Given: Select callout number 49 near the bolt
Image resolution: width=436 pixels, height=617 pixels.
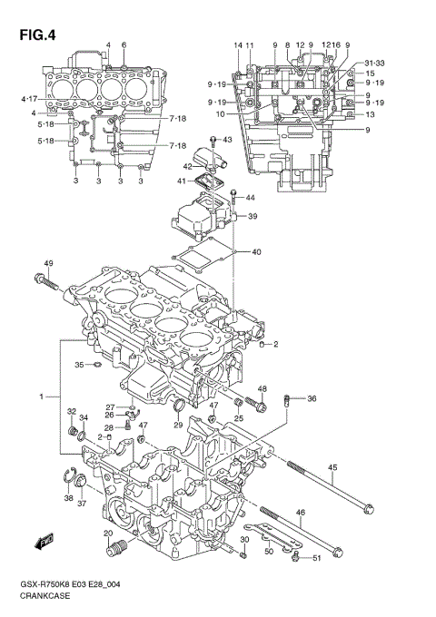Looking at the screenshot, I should coord(48,264).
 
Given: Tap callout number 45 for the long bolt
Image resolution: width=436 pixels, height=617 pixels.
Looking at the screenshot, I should coord(332,468).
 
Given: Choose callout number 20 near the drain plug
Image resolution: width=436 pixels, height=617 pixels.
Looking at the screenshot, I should coord(107,534).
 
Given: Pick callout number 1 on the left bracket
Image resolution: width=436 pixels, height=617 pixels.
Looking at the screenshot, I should coord(41,397).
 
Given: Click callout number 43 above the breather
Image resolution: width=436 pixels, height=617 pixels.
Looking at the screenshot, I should coord(227,140).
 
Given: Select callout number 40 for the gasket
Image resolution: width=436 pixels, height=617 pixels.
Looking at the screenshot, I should coord(256,251).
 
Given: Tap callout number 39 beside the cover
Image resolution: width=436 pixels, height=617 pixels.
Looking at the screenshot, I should coord(253,216).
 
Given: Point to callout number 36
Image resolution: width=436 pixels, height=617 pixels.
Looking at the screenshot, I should coord(312,398).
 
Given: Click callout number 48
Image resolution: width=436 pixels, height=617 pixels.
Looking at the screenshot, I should coord(262,390).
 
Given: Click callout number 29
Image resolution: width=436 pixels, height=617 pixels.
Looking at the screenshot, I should coord(179,425).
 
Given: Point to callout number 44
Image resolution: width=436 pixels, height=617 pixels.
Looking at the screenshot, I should coord(250,198).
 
